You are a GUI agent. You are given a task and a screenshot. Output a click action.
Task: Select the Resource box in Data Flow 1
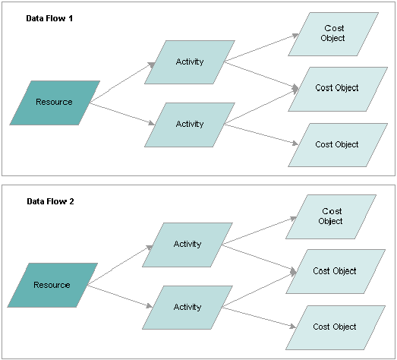tap(55, 102)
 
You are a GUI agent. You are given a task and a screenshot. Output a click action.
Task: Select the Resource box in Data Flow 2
tap(52, 285)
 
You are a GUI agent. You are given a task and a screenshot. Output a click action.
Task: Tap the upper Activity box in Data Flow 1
tap(189, 62)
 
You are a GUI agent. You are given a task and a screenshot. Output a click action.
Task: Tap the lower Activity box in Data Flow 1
tap(189, 124)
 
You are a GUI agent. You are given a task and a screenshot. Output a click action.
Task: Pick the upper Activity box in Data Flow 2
tap(187, 245)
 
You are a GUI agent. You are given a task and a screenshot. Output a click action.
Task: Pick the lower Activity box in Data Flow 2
tap(187, 307)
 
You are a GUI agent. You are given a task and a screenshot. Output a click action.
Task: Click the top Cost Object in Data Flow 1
tap(333, 33)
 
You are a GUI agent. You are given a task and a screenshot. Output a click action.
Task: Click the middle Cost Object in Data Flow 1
tap(336, 88)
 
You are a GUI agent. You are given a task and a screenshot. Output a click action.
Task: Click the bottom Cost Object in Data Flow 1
tap(336, 144)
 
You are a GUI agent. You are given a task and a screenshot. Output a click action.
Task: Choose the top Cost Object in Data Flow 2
tap(331, 216)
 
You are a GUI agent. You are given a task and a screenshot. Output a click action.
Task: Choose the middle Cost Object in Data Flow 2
tap(334, 271)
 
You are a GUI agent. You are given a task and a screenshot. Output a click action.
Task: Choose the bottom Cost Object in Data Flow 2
tap(334, 327)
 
